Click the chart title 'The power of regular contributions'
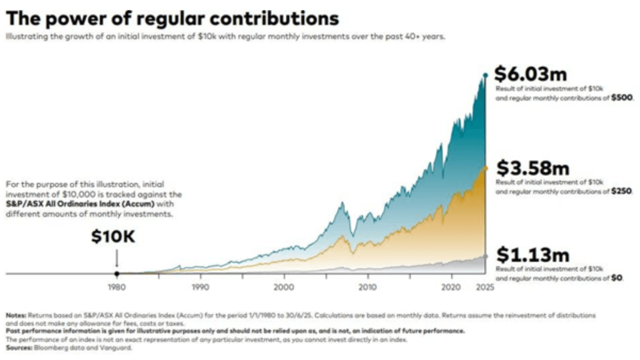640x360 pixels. tap(172, 18)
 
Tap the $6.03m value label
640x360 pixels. tap(530, 74)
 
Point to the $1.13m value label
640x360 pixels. tap(532, 255)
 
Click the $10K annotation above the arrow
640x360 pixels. tap(113, 237)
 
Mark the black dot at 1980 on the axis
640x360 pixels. tap(116, 273)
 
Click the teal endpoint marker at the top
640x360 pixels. tap(485, 75)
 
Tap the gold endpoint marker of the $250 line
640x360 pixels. tap(485, 168)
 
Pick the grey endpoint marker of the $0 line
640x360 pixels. tap(485, 256)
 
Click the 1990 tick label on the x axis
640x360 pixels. tap(200, 287)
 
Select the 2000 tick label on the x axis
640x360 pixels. tap(284, 287)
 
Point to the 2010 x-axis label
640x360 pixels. tap(367, 287)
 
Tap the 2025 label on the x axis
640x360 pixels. tap(485, 287)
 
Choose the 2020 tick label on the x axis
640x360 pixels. tap(451, 287)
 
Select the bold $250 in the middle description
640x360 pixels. tap(622, 191)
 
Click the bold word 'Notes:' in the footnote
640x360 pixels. tap(16, 315)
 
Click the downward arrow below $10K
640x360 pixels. tap(116, 259)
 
